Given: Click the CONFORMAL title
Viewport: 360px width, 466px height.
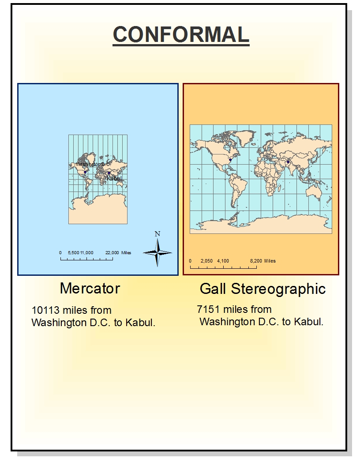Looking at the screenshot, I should pos(181,34).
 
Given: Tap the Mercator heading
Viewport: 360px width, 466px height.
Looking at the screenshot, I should pos(90,288).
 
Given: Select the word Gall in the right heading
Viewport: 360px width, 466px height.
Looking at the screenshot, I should pos(213,289).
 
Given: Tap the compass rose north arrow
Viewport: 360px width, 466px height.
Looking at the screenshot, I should pos(157,253).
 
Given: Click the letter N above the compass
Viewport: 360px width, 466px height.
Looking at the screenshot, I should pos(157,234).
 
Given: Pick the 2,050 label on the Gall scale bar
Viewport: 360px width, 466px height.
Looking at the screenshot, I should pos(206,261).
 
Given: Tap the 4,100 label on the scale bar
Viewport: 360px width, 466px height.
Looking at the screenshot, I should pos(223,261).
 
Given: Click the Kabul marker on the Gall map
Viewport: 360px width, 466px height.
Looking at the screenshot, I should pos(288,162).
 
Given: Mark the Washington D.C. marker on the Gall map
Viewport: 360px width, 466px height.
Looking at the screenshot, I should pos(230,160).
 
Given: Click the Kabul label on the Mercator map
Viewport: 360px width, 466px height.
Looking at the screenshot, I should pos(114,178).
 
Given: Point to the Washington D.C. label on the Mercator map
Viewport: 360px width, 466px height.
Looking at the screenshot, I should pos(93,164).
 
